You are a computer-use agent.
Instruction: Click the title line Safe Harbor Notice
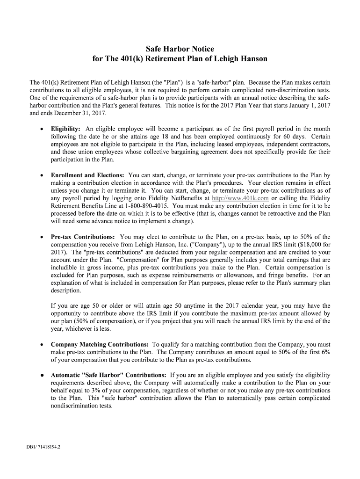pos(180,49)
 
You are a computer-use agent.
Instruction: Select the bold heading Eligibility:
pos(65,129)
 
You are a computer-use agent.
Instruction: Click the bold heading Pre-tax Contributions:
pos(83,237)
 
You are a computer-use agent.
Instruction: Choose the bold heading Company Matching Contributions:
pos(100,344)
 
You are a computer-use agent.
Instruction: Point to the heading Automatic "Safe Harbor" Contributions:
pos(108,375)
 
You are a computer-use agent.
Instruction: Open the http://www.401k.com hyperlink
pos(240,198)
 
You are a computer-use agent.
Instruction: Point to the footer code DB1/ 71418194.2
pos(43,446)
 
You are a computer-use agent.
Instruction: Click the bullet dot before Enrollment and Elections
pos(42,175)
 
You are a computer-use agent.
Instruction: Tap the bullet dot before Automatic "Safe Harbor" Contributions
pos(42,375)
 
